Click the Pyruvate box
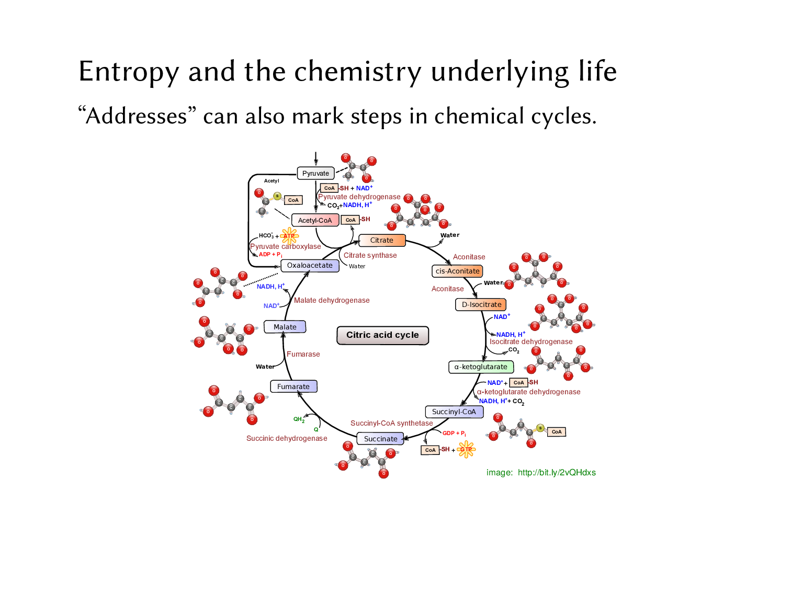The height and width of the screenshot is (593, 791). point(315,173)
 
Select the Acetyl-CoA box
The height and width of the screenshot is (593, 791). point(315,220)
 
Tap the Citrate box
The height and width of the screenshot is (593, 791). point(382,240)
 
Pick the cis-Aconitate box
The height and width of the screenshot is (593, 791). point(457,271)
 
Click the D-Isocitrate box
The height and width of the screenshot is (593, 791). point(481,304)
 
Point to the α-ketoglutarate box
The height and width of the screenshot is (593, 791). point(481,367)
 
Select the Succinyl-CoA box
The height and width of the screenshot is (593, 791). point(454,412)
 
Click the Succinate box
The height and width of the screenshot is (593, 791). point(380,439)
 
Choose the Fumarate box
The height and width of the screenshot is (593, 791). point(293,386)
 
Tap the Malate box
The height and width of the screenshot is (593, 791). point(285,327)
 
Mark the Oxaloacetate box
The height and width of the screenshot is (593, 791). point(310,265)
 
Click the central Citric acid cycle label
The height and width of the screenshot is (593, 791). point(382,335)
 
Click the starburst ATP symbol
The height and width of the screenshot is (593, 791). point(289,236)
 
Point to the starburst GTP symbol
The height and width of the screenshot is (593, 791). point(466,449)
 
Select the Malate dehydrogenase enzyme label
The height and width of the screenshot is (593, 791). point(332,300)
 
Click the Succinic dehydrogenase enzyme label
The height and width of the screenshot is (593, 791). point(287,438)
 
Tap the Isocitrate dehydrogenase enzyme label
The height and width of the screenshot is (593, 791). point(531,341)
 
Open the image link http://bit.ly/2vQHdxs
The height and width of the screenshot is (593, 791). point(557,472)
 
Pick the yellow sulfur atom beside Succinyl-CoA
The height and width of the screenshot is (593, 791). point(540,428)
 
